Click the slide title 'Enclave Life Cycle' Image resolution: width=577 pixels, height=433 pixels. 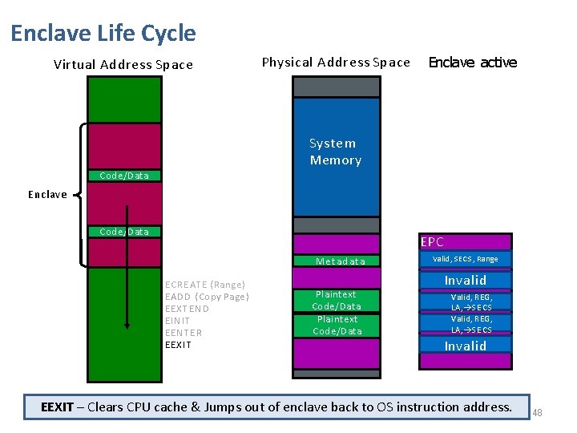point(103,34)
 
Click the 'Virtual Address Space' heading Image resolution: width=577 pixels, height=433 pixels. point(123,65)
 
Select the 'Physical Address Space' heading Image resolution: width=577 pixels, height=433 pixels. point(336,63)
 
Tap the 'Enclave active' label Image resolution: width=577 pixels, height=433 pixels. point(473,63)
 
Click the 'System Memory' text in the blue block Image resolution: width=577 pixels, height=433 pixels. point(335,152)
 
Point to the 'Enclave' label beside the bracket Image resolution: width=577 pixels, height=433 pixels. point(47,194)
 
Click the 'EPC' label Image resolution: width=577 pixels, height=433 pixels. point(432,241)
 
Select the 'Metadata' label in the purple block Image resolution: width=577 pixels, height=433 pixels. point(340,261)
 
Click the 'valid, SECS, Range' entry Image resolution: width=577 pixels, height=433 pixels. point(465,259)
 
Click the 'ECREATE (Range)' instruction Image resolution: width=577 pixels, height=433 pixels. point(204,285)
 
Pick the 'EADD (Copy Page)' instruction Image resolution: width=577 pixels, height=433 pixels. point(207,297)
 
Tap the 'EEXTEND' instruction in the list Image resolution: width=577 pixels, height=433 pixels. point(187,309)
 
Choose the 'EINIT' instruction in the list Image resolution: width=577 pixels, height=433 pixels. point(176,321)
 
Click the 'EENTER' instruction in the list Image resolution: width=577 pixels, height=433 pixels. point(183,333)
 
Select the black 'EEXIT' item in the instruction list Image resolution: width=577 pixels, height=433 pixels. point(178,345)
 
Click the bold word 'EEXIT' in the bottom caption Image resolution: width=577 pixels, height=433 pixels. point(58,407)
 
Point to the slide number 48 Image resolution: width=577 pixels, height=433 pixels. point(537,413)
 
